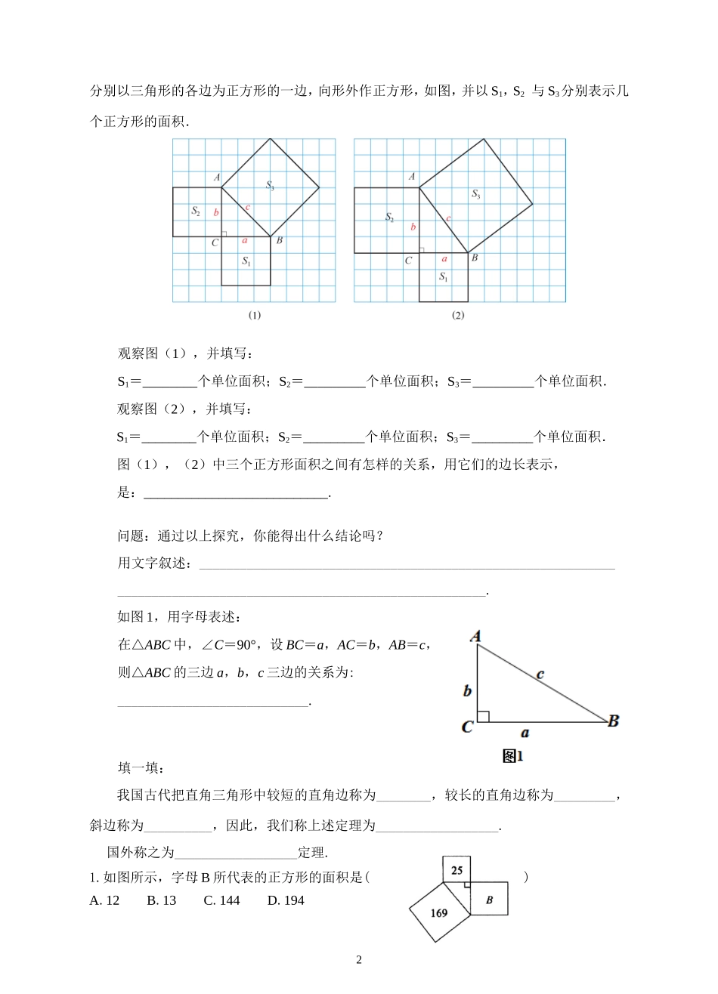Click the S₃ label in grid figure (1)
[x=270, y=185]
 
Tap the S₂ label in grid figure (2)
[x=389, y=218]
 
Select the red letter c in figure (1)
[x=248, y=207]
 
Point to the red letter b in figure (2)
[x=413, y=227]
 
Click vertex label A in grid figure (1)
[x=216, y=177]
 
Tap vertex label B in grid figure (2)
[x=474, y=258]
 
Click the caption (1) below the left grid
[x=254, y=316]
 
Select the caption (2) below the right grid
[x=458, y=316]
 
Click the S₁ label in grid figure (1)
[x=246, y=261]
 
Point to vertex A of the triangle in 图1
[x=476, y=637]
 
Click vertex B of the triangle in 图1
[x=613, y=721]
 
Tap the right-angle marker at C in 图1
[x=484, y=716]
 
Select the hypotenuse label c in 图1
[x=541, y=674]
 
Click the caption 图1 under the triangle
[x=513, y=755]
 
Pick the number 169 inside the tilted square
[x=439, y=912]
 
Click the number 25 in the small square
[x=456, y=870]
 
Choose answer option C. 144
[x=221, y=900]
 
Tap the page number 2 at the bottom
[x=359, y=960]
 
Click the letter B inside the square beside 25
[x=489, y=900]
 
